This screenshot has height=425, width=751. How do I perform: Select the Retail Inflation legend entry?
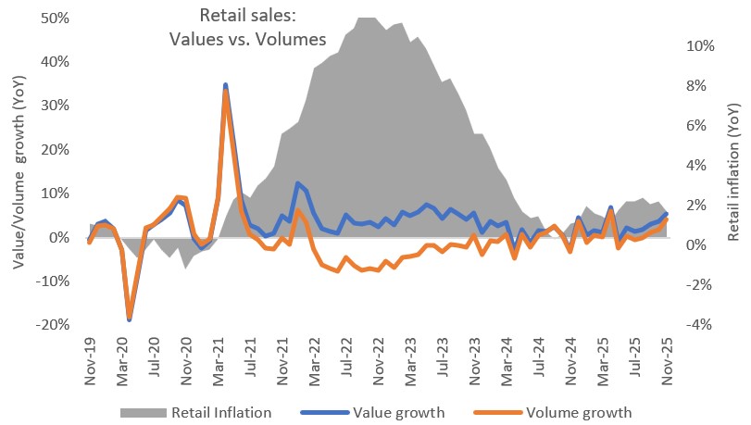(219, 411)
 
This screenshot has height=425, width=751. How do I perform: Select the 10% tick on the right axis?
(699, 45)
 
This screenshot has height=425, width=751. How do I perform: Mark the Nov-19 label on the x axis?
(89, 356)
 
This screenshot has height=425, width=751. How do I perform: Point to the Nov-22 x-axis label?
(378, 356)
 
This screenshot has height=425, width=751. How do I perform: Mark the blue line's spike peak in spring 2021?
(226, 85)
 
